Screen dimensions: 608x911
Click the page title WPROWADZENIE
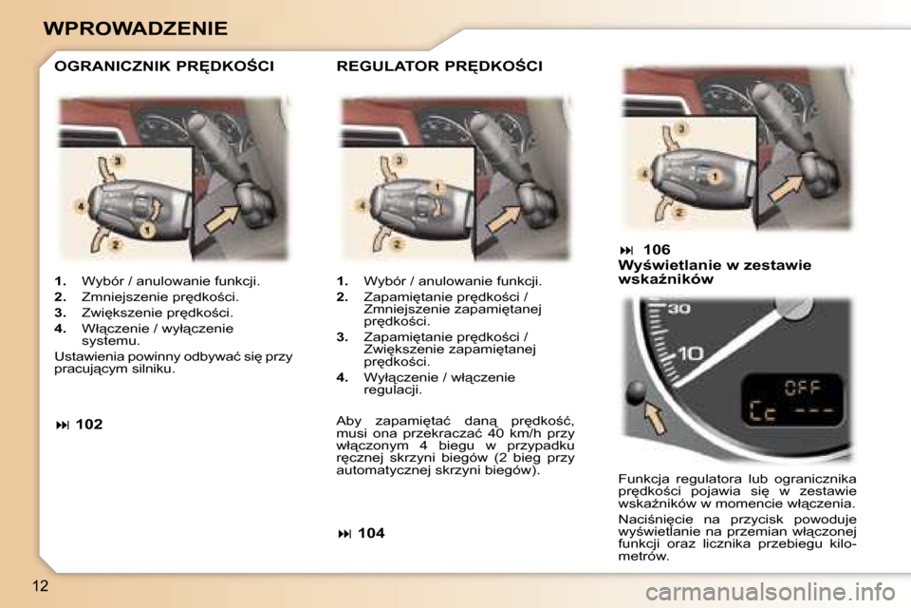[136, 28]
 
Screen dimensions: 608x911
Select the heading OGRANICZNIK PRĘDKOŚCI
[164, 66]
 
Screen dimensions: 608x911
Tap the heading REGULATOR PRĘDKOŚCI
[439, 66]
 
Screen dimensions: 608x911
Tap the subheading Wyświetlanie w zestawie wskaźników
[714, 273]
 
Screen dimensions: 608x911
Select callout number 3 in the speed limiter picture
[117, 161]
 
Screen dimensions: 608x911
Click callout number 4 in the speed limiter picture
[81, 205]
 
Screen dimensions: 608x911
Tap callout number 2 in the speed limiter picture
[116, 245]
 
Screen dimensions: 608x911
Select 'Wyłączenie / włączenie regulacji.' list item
[439, 384]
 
